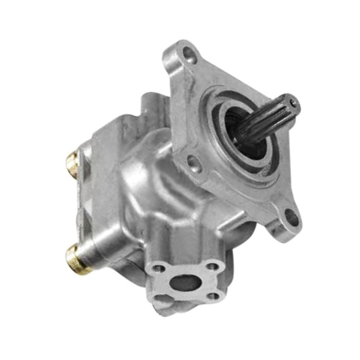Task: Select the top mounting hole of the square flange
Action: (189, 53)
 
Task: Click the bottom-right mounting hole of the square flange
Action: (291, 217)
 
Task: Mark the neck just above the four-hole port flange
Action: (170, 242)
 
